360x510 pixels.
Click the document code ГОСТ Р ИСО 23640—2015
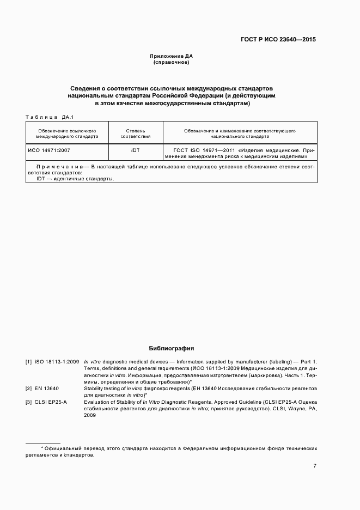point(278,40)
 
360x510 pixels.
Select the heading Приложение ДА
point(172,56)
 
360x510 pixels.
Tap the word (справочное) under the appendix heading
point(172,63)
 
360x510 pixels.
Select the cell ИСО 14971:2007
point(49,149)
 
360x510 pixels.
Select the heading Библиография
point(172,348)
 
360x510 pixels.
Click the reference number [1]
point(29,361)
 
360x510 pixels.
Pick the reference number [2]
point(29,388)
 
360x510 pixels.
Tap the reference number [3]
point(29,402)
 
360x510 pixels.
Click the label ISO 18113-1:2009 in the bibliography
point(57,361)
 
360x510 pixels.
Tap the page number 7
point(314,465)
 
